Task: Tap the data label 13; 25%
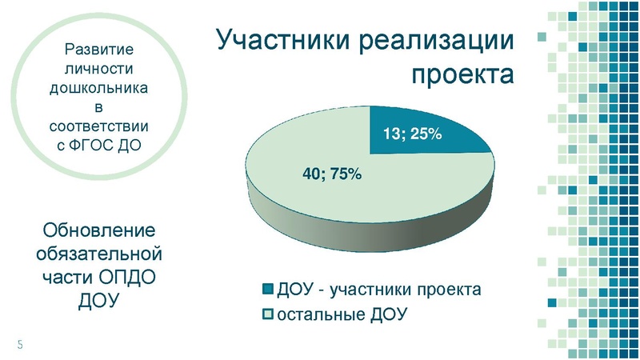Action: [412, 134]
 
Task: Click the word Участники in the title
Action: [285, 42]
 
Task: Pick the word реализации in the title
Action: [438, 42]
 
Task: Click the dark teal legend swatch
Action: [267, 289]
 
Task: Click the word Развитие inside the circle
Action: [98, 50]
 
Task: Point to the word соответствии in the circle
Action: [98, 126]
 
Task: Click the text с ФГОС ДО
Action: [98, 145]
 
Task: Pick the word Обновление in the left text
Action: [98, 231]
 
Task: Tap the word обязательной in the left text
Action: [98, 254]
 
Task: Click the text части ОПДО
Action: [98, 277]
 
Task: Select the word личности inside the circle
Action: [98, 69]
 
